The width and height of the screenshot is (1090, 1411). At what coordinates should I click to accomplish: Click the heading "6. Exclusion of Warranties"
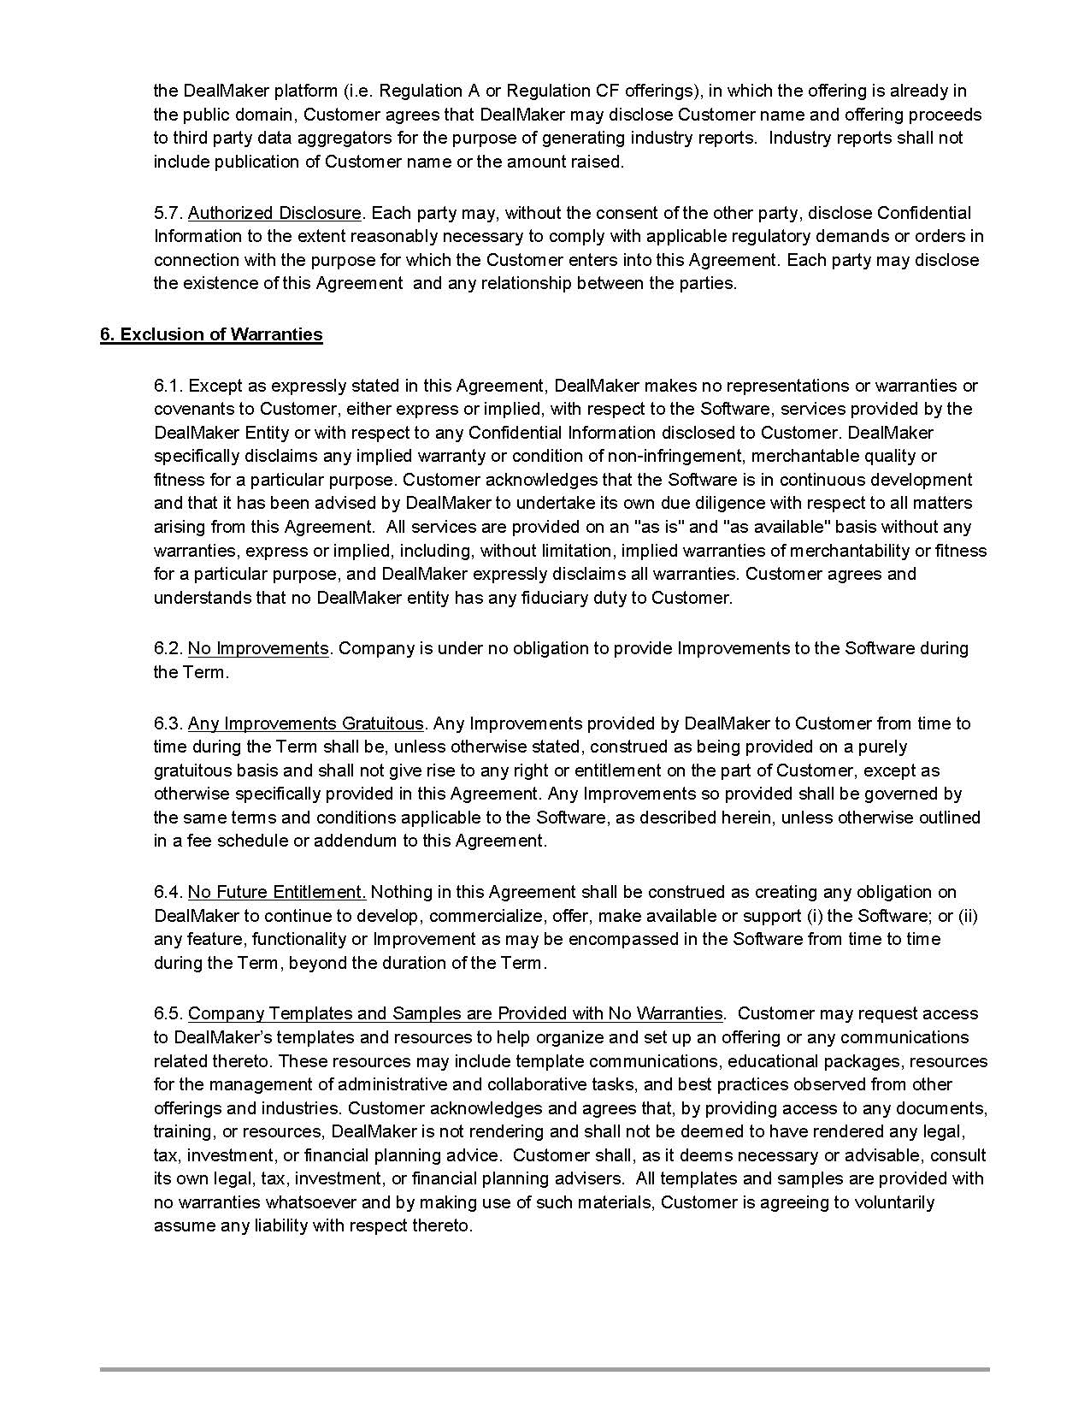point(211,334)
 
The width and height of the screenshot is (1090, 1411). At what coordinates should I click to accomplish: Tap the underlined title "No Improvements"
point(258,648)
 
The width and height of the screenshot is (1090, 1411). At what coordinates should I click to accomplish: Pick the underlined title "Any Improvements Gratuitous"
point(305,723)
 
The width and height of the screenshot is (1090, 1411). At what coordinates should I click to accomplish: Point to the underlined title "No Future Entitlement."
point(277,892)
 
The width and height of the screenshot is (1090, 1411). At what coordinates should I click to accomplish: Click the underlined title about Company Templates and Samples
point(456,1013)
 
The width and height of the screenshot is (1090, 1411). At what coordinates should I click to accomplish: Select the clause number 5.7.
point(168,213)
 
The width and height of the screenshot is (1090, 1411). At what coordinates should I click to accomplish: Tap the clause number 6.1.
point(168,386)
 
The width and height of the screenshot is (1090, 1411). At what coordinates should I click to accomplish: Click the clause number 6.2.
point(168,648)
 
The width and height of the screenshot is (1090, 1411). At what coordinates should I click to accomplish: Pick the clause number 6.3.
point(168,723)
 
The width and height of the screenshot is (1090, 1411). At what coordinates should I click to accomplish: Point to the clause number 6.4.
point(168,892)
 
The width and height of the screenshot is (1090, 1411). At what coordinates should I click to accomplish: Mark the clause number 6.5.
point(168,1013)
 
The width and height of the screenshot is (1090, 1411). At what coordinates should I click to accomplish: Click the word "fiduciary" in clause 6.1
point(533,598)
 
